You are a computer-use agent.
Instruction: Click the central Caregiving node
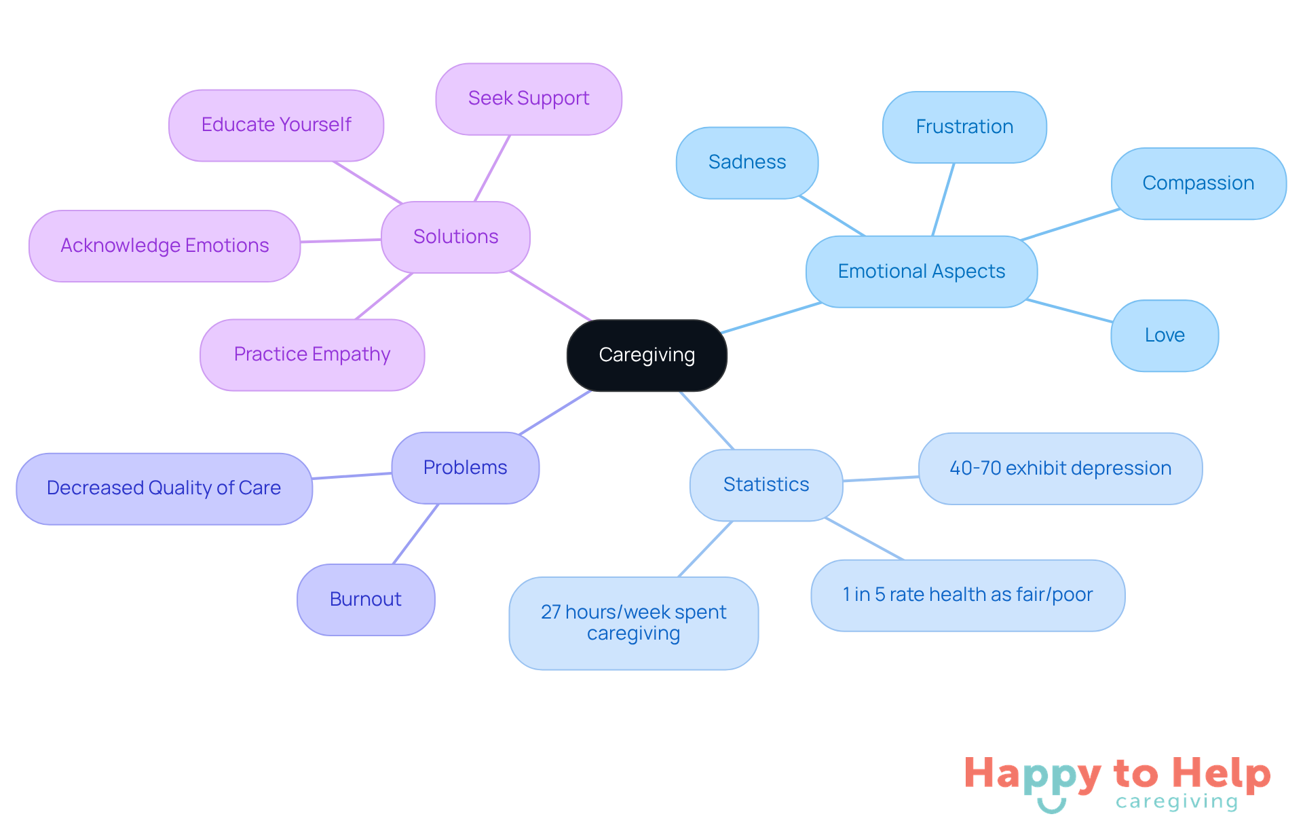[x=647, y=355]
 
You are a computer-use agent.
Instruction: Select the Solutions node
[x=455, y=237]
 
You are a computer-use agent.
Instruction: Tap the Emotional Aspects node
[x=921, y=272]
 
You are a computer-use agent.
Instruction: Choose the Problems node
[x=465, y=468]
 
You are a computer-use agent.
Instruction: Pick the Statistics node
[x=766, y=485]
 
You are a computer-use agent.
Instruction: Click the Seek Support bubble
[x=529, y=99]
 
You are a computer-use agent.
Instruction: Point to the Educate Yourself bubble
[x=276, y=126]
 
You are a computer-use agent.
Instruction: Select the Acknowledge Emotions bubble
[x=164, y=246]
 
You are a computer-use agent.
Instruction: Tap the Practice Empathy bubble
[x=312, y=355]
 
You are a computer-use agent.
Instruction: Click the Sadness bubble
[x=747, y=163]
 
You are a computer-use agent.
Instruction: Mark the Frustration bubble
[x=964, y=127]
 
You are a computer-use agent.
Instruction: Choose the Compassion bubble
[x=1198, y=183]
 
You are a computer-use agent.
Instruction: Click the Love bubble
[x=1165, y=335]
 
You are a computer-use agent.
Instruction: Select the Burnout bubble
[x=366, y=600]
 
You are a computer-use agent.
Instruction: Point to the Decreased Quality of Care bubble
[x=164, y=488]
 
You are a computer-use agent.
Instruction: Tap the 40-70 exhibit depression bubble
[x=1060, y=469]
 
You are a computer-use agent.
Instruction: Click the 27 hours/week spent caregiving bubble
[x=633, y=623]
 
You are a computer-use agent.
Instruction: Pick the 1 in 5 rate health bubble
[x=968, y=595]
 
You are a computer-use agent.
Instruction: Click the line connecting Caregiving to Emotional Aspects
[x=772, y=318]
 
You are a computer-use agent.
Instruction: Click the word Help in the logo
[x=1221, y=774]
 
